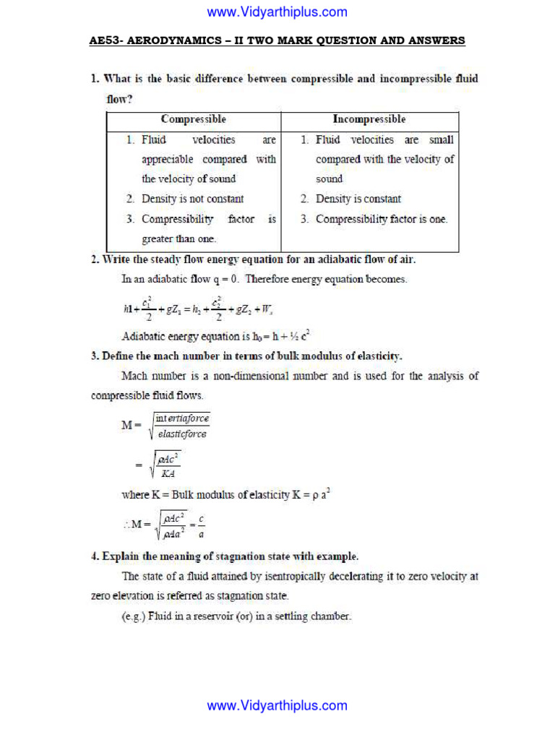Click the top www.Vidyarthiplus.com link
[x=277, y=12]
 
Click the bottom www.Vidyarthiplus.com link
[x=277, y=706]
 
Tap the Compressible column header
[x=193, y=119]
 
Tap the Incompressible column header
[x=369, y=119]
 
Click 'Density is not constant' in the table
[x=192, y=199]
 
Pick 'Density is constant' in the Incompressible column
[x=358, y=199]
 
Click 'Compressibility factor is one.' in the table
[x=381, y=219]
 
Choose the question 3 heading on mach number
[x=246, y=356]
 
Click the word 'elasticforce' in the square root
[x=182, y=434]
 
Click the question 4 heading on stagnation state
[x=224, y=556]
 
